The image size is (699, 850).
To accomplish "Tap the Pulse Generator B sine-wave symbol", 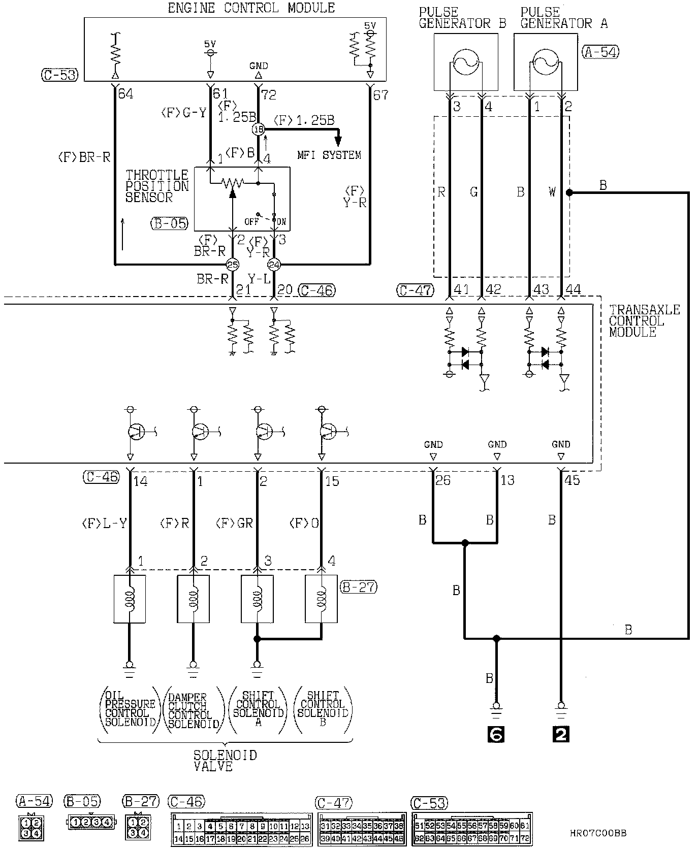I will click(466, 63).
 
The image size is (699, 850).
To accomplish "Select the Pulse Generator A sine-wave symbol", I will click(546, 63).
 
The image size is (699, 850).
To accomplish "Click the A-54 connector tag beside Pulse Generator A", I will click(600, 51).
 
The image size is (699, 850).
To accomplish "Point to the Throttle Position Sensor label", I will click(157, 186).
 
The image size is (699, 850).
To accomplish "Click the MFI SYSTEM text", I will click(329, 155).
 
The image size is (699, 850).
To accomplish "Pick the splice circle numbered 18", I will click(258, 129).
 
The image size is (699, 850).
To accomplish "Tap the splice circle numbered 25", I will click(232, 264).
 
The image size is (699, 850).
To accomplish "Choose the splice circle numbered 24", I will click(274, 264).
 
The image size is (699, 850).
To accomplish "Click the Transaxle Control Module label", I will click(644, 321).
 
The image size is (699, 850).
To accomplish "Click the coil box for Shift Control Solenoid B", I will click(321, 599).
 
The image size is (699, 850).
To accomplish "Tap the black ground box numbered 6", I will click(496, 734).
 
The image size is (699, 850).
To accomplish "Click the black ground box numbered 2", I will click(560, 734).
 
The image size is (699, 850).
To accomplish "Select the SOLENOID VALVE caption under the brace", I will click(225, 761).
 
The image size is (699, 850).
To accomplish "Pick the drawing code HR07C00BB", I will click(598, 833).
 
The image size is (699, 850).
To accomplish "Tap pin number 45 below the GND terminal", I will click(573, 480).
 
